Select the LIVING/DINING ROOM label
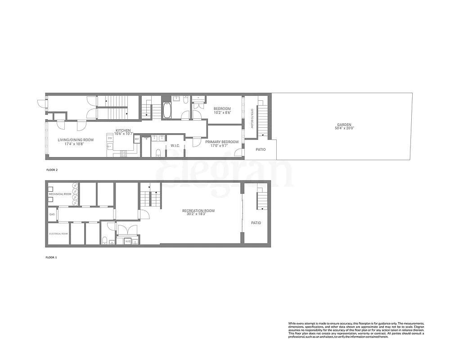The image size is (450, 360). [x=76, y=140]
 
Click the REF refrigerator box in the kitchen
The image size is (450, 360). [x=137, y=139]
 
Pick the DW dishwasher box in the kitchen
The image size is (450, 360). [x=110, y=138]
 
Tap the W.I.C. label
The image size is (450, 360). [x=175, y=146]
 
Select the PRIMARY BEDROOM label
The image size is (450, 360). [x=222, y=142]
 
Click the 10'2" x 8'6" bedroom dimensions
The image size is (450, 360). [x=222, y=112]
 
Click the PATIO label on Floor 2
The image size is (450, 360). [x=261, y=149]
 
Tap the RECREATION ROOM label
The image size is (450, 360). [x=198, y=211]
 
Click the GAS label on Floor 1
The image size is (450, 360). [x=52, y=215]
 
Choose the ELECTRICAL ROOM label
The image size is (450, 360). [x=58, y=234]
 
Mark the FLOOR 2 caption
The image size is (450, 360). [x=52, y=170]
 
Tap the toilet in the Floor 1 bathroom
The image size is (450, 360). [x=104, y=239]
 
